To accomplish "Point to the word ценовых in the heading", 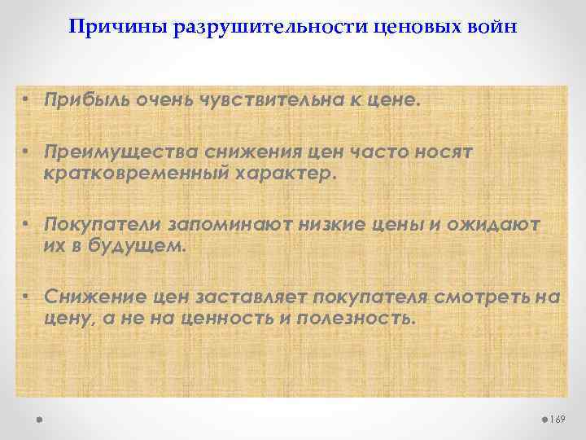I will click(412, 28).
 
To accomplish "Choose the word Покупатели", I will click(103, 225).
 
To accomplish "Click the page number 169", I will click(558, 419).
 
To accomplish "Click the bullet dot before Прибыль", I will click(28, 99).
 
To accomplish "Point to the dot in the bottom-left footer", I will click(39, 420).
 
